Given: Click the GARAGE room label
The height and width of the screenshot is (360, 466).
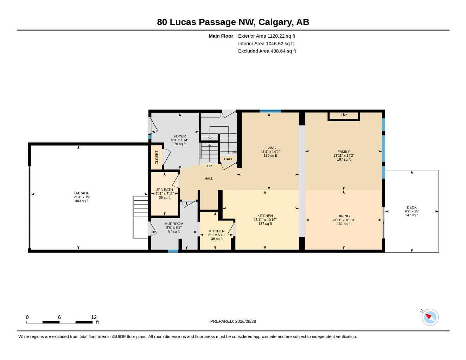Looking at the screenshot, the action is pyautogui.click(x=82, y=193).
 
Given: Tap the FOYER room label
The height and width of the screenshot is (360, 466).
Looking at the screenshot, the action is pyautogui.click(x=180, y=136).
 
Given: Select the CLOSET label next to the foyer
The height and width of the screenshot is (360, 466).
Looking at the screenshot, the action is pyautogui.click(x=157, y=157).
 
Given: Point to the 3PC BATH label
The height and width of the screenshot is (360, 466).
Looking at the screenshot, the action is pyautogui.click(x=165, y=190).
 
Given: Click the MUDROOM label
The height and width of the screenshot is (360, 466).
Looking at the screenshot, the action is pyautogui.click(x=174, y=224).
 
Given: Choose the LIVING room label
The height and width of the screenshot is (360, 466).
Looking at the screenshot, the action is pyautogui.click(x=270, y=148).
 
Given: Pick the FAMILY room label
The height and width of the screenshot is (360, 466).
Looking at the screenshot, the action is pyautogui.click(x=344, y=152).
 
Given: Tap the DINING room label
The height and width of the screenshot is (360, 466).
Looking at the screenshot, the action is pyautogui.click(x=344, y=216).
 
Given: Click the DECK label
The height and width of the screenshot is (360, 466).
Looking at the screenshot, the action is pyautogui.click(x=411, y=207).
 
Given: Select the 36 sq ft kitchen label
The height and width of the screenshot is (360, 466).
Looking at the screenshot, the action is pyautogui.click(x=217, y=231).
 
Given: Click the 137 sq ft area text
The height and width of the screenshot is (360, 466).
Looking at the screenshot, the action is pyautogui.click(x=265, y=224).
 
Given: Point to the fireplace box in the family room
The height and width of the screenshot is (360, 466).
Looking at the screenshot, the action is pyautogui.click(x=344, y=116).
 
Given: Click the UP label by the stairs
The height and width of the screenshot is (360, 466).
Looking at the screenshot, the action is pyautogui.click(x=210, y=166).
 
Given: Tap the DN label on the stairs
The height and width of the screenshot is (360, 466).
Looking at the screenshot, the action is pyautogui.click(x=234, y=152).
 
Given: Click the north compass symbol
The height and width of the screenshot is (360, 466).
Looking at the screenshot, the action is pyautogui.click(x=430, y=317).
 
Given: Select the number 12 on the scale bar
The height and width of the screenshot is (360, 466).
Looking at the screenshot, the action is pyautogui.click(x=94, y=317).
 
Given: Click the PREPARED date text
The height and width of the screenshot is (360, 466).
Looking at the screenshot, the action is pyautogui.click(x=233, y=321).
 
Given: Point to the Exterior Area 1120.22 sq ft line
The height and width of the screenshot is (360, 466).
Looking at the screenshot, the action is pyautogui.click(x=267, y=36).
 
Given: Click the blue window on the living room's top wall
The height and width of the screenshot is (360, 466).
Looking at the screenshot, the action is pyautogui.click(x=270, y=111).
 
